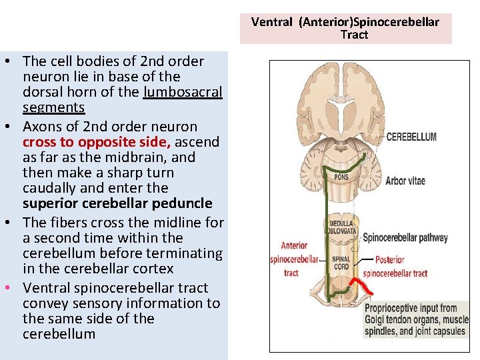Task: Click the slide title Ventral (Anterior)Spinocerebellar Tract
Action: [x=345, y=28]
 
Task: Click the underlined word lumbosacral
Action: [x=183, y=92]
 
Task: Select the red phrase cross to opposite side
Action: [x=97, y=142]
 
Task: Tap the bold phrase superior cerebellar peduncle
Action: [x=117, y=203]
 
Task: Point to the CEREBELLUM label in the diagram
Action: [x=412, y=137]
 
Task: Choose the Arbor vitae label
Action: [x=405, y=181]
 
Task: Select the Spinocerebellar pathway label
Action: [x=405, y=237]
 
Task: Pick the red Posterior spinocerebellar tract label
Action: [x=395, y=267]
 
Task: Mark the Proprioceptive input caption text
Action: [x=415, y=319]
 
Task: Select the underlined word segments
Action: [x=53, y=107]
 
